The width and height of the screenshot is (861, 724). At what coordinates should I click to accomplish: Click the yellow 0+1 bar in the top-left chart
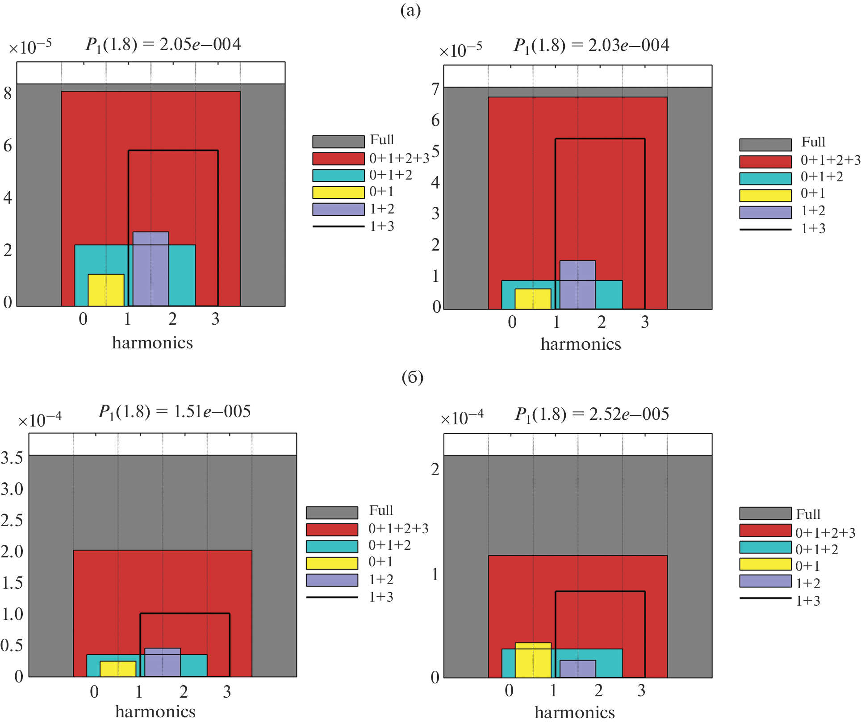pos(106,290)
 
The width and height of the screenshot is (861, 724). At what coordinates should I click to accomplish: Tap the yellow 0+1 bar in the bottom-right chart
pos(533,660)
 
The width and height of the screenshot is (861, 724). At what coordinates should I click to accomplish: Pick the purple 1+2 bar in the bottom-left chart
pos(163,662)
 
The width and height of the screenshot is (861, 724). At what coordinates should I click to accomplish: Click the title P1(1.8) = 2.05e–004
pos(163,45)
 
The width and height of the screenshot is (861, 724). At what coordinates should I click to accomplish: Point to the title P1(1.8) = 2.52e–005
pos(592,414)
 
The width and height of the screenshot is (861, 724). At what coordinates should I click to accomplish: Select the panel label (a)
pos(410,10)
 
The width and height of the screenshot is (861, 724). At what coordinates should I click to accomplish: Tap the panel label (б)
pos(412,378)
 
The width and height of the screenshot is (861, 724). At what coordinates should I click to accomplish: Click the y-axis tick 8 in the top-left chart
pos(8,93)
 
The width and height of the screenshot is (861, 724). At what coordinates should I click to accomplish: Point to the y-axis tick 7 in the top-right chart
pos(435,90)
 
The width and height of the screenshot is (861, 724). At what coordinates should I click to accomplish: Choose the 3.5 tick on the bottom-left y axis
pos(12,458)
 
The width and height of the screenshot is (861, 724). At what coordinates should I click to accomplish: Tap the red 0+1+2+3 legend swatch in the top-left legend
pos(338,159)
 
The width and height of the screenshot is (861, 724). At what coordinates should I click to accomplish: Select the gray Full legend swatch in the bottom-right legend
pos(765,514)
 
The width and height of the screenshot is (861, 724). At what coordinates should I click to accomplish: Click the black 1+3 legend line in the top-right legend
pos(765,229)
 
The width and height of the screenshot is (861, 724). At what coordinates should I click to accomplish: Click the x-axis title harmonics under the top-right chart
pos(581,344)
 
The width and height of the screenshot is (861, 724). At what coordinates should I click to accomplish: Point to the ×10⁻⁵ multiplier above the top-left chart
pos(30,46)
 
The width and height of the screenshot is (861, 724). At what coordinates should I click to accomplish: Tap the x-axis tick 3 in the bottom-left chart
pos(227,692)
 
